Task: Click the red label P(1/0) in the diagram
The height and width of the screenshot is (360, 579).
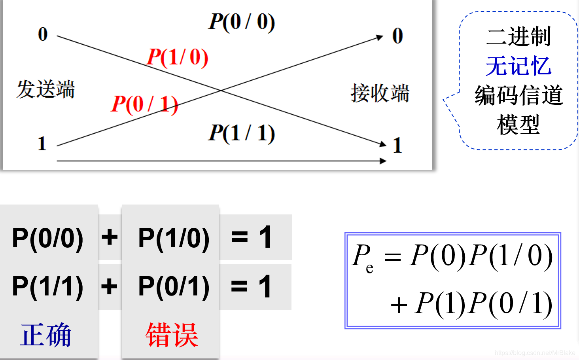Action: click(x=177, y=57)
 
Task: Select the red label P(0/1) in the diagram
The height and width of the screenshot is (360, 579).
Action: click(x=144, y=104)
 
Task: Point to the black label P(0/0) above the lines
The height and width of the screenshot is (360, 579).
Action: click(x=242, y=22)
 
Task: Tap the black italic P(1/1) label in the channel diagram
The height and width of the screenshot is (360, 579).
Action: click(x=242, y=133)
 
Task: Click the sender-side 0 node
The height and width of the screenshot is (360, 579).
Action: click(x=43, y=34)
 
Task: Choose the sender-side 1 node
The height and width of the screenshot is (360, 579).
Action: click(x=42, y=144)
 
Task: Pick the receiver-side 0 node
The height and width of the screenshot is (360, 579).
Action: click(x=397, y=36)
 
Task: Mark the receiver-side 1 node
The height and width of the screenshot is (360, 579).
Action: click(x=397, y=145)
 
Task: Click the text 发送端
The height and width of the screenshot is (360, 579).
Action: click(x=46, y=89)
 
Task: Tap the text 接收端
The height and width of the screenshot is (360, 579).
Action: click(x=380, y=93)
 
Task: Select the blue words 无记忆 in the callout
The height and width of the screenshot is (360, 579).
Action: click(x=518, y=66)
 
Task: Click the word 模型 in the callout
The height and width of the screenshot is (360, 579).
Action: click(x=518, y=125)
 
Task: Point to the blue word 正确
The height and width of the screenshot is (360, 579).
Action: click(x=46, y=335)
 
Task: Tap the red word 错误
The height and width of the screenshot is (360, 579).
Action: click(x=172, y=335)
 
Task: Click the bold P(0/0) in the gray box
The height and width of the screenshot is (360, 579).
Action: click(x=48, y=238)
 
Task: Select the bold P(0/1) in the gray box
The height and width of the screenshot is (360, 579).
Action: click(x=174, y=286)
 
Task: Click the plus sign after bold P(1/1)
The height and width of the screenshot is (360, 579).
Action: click(x=110, y=286)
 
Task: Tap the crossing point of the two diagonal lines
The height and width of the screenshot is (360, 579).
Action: click(x=221, y=91)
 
